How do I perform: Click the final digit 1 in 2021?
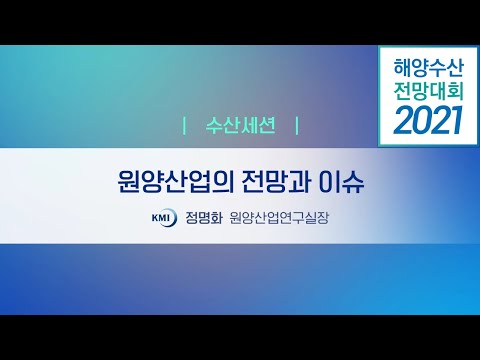coord(457,122)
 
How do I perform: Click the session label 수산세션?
coord(240,128)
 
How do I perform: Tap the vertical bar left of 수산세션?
coord(186,128)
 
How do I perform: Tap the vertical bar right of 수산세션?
coord(297,128)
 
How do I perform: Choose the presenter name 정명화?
coord(203,216)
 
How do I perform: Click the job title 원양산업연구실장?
coord(278,216)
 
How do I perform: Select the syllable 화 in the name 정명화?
coord(216,216)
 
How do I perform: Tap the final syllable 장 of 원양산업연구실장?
coord(322,216)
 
